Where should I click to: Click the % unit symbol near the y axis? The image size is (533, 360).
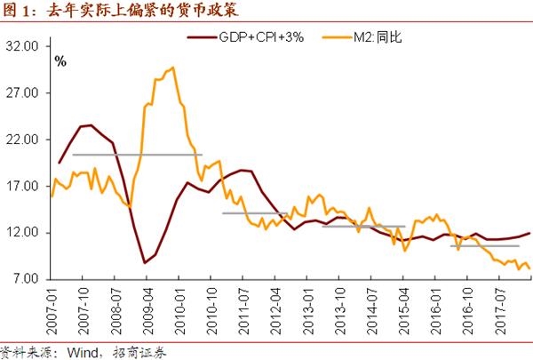pyautogui.click(x=60, y=61)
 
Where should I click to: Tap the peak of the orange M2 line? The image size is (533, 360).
pyautogui.click(x=171, y=68)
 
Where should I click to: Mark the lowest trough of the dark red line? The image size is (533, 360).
pyautogui.click(x=145, y=262)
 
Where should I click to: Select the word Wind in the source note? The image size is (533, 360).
pyautogui.click(x=75, y=350)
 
